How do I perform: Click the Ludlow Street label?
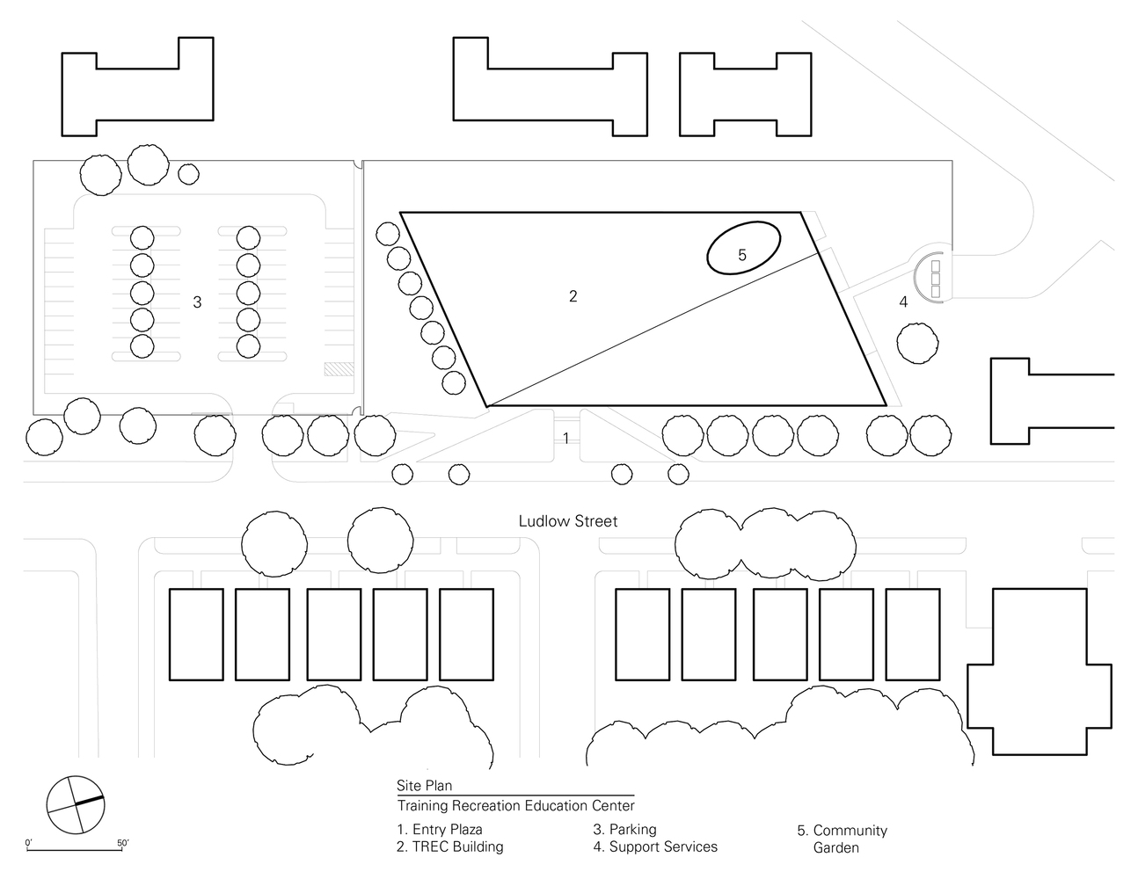[567, 521]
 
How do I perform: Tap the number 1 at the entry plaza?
[566, 438]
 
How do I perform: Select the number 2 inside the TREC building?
[573, 296]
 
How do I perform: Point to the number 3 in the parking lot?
[197, 302]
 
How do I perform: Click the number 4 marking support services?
[902, 302]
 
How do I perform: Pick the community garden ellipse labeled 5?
[743, 248]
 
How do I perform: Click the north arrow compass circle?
[75, 805]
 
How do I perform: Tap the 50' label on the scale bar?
[122, 843]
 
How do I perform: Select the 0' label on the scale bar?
[29, 843]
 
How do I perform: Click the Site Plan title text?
[424, 786]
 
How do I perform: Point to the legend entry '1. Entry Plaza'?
[439, 829]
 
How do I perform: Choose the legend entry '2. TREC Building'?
[449, 846]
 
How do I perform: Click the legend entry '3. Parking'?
[624, 829]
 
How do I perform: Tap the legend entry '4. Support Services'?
[655, 846]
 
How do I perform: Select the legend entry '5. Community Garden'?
[841, 839]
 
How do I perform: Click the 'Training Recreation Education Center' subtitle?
[515, 805]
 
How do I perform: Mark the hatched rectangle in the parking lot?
[339, 371]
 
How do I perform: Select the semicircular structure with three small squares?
[930, 277]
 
